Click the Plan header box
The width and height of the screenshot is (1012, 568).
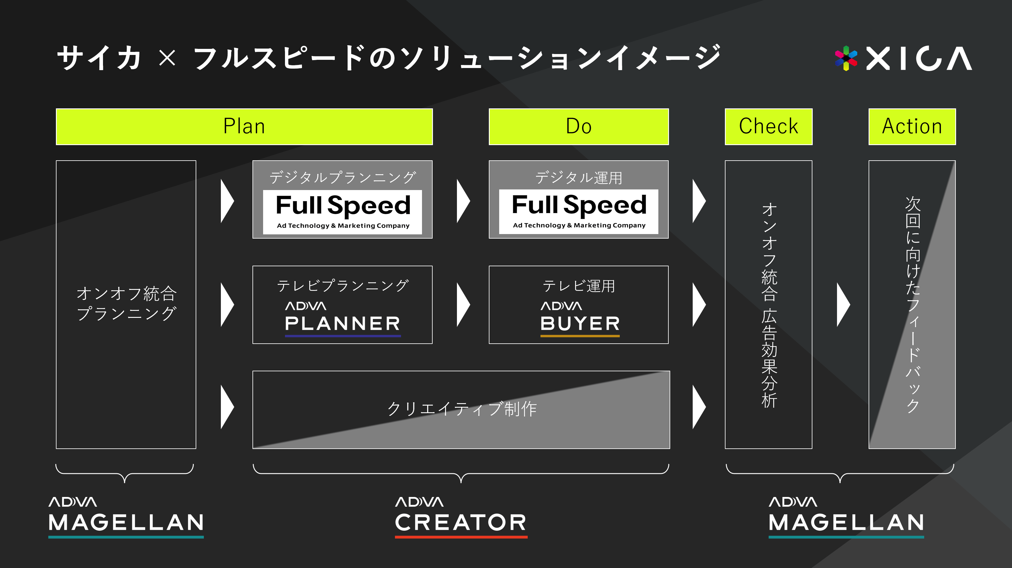[x=244, y=126]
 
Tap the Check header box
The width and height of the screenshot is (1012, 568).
[x=768, y=126]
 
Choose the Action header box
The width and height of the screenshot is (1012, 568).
[x=912, y=126]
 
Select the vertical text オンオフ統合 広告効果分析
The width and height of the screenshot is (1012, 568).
[x=769, y=305]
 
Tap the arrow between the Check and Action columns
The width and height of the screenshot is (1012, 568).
[x=843, y=304]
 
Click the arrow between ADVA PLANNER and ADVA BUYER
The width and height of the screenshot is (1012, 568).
[x=463, y=304]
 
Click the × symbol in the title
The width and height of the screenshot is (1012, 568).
[x=167, y=58]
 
